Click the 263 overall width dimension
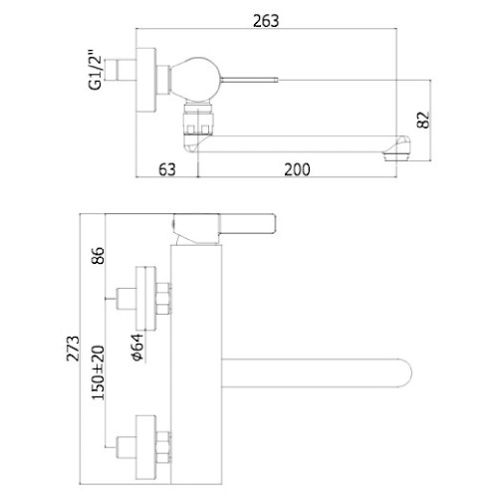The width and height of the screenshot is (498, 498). [266, 21]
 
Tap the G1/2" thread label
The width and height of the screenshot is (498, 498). [96, 70]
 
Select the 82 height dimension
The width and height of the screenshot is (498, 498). [423, 120]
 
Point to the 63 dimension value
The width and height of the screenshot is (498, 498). [166, 169]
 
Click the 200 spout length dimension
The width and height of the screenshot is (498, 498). [297, 169]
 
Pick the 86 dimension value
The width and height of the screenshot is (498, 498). [98, 255]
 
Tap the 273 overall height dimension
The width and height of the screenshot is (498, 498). [73, 349]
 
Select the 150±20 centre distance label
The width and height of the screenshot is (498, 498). [98, 373]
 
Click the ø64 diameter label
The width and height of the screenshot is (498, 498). [137, 347]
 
